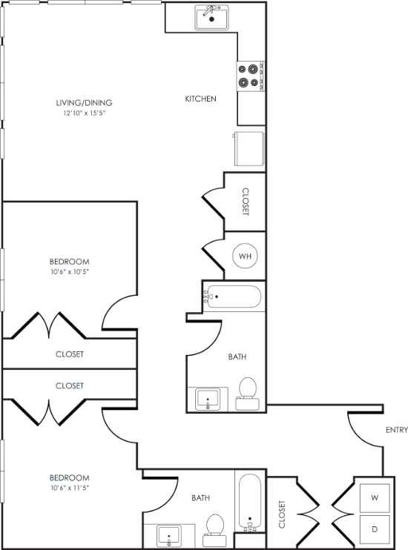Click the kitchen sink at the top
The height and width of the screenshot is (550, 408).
point(212,16)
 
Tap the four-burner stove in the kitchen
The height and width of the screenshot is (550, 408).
point(249,75)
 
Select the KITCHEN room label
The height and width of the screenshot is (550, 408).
point(200,99)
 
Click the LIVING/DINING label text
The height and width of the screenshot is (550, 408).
point(88,103)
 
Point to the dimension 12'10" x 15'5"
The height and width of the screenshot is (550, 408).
point(88,113)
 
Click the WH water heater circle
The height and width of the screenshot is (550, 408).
point(246,256)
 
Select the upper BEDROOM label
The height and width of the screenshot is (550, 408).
point(70,262)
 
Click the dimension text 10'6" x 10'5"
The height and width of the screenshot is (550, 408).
point(70,272)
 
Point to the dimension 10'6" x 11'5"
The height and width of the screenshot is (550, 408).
point(70,488)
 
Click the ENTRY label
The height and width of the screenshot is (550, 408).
point(397,430)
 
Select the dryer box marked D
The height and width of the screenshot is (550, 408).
point(374,529)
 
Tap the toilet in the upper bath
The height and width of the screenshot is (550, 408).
point(248,393)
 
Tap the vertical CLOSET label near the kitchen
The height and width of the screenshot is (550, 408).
point(246,201)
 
